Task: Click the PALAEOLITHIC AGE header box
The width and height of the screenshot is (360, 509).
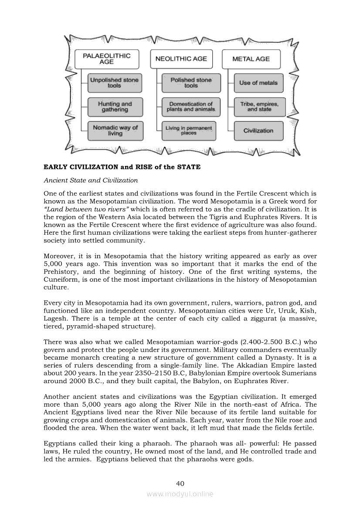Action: (106, 59)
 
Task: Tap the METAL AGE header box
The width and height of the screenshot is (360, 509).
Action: (251, 59)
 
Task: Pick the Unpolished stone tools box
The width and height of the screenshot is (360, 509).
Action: (114, 83)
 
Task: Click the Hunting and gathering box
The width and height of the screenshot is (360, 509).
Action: (115, 107)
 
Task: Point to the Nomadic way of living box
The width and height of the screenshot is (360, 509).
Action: (115, 130)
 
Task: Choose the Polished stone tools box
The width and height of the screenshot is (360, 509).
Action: (191, 83)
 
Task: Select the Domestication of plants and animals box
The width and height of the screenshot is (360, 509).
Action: (191, 107)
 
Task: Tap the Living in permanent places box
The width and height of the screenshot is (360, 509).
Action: (188, 130)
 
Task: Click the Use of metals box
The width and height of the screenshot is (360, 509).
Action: (258, 83)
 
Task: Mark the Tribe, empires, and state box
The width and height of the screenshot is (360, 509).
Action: (259, 107)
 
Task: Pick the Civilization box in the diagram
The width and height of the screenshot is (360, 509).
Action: (258, 131)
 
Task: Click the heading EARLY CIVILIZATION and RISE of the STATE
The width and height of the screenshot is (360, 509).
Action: (122, 167)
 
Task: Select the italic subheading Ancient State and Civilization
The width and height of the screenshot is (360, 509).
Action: (91, 180)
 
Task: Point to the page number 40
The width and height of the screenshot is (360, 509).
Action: (180, 483)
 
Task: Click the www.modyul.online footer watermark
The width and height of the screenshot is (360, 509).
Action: (180, 494)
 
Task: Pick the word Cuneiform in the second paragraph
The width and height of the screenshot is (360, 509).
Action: (61, 279)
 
